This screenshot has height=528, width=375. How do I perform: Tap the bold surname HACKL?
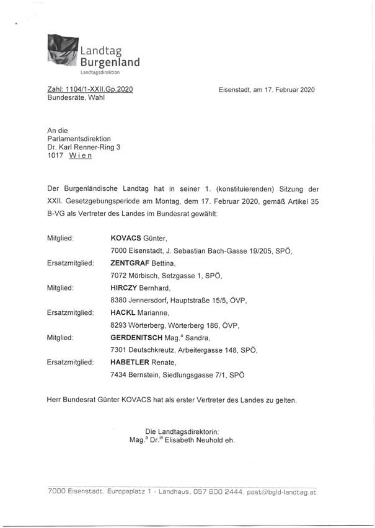tap(123, 313)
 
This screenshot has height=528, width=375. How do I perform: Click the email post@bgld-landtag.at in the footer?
tap(281, 491)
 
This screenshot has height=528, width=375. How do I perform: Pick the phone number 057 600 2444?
tap(215, 491)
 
